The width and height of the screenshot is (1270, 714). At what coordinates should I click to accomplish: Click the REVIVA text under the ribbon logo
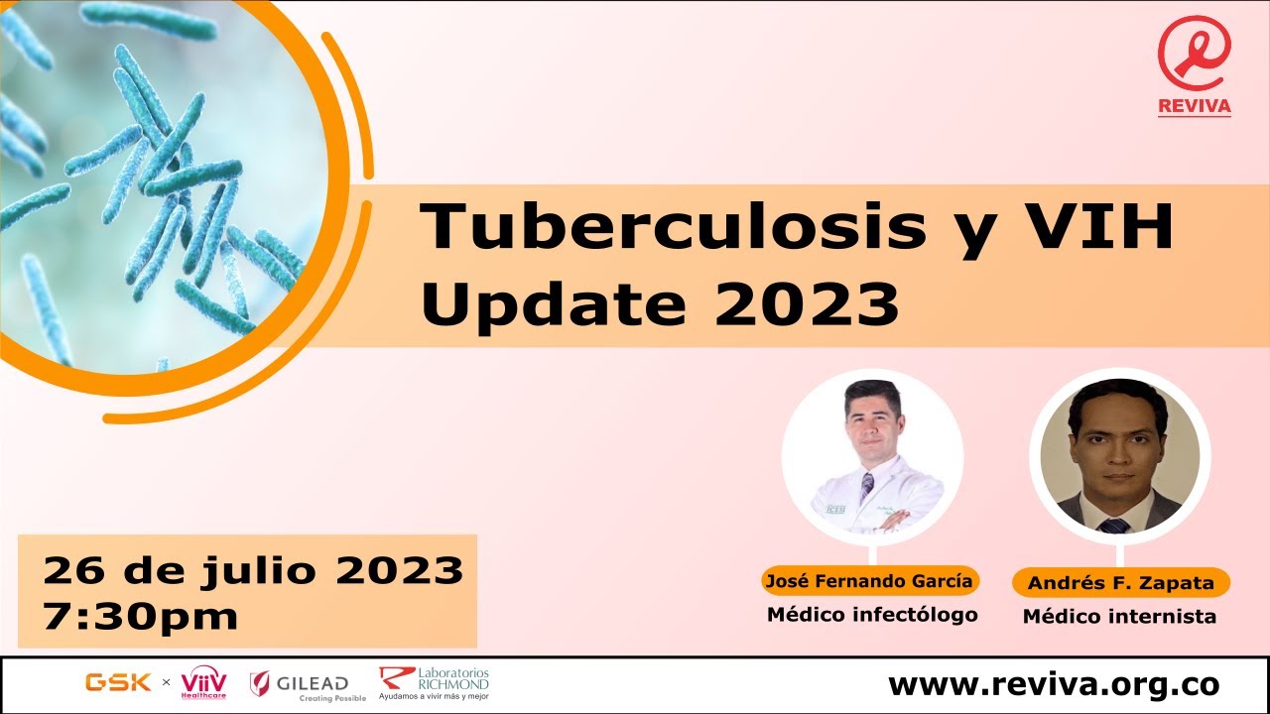coord(1195,106)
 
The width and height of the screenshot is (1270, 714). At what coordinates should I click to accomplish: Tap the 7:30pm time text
coord(141,616)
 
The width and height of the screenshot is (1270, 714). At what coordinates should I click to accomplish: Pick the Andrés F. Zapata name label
coord(1120,583)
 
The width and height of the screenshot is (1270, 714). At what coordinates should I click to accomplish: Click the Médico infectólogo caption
coord(872,615)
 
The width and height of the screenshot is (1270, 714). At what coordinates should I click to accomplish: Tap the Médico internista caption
coord(1119,617)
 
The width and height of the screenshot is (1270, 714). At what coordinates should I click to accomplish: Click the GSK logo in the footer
coord(118,682)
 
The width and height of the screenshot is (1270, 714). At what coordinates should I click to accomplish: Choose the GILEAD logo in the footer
coord(300,683)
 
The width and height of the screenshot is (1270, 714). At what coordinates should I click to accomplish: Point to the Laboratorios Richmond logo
coord(435,682)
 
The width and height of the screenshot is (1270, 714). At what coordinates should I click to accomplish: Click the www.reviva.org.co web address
coord(1054,684)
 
